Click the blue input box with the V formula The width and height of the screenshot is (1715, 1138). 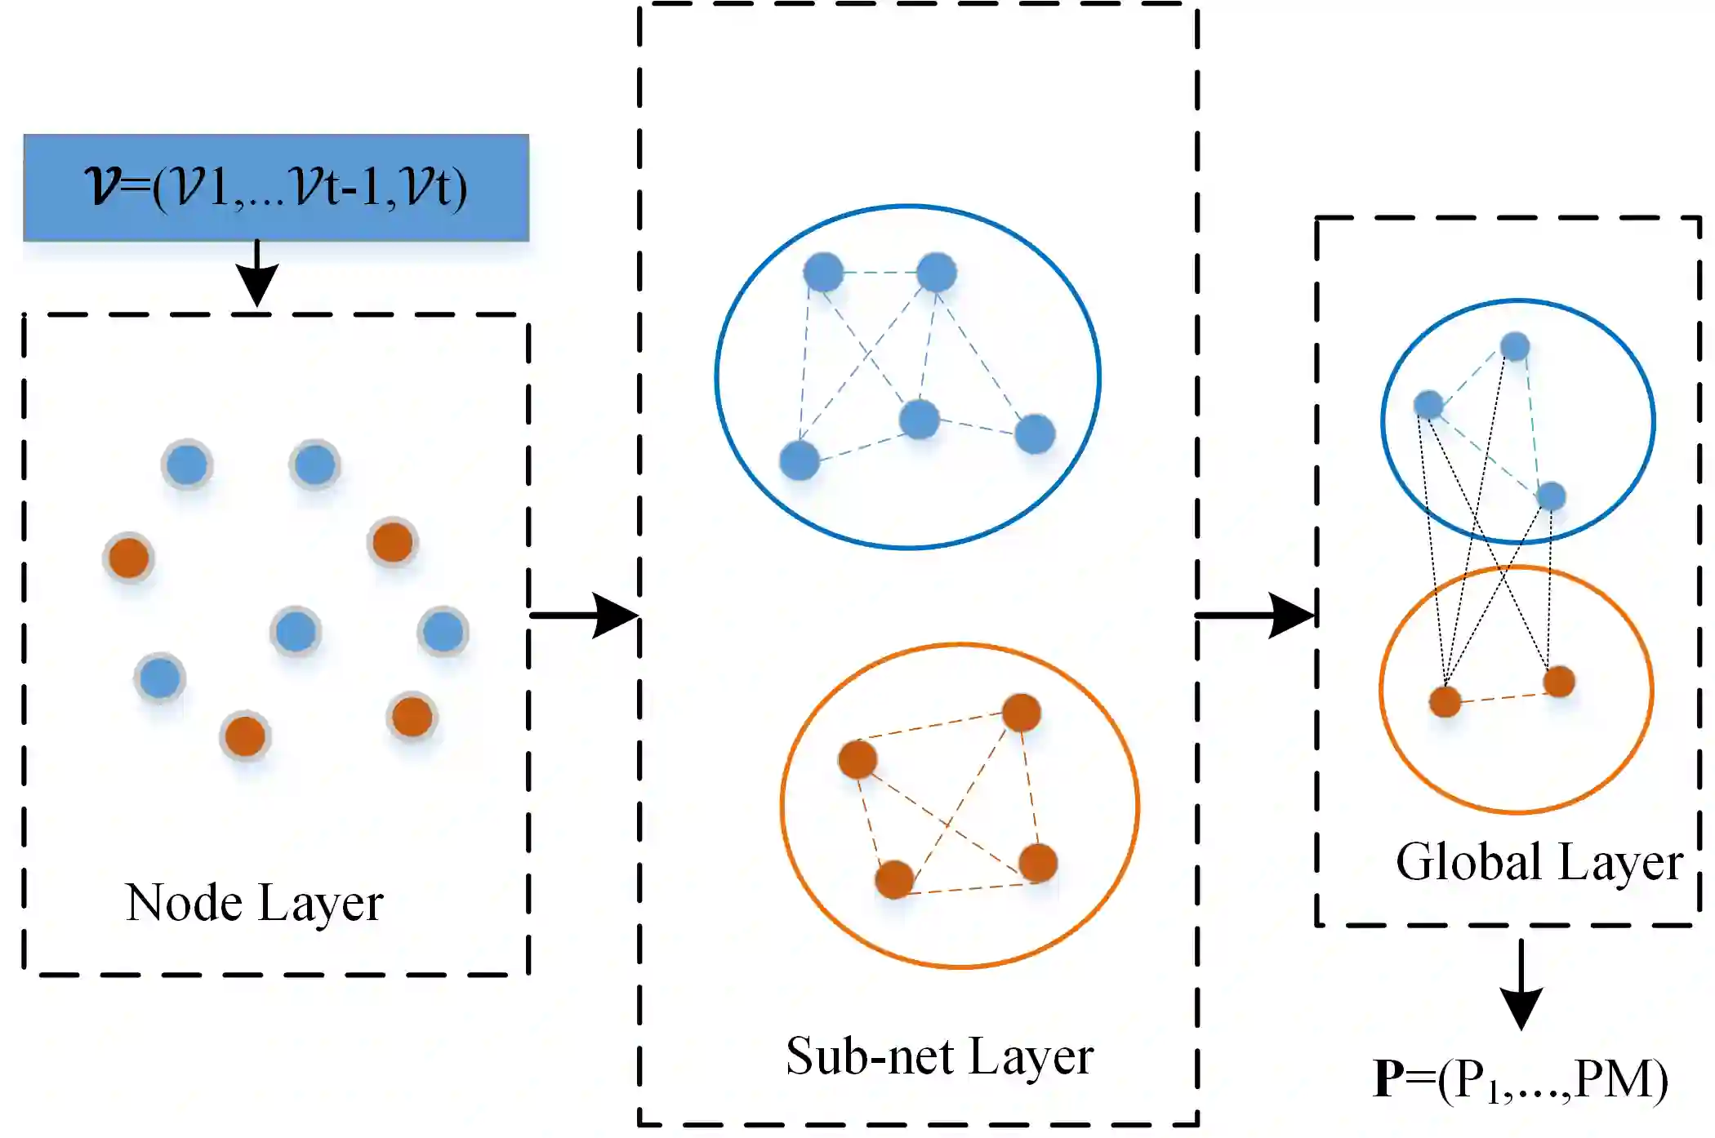[x=276, y=188]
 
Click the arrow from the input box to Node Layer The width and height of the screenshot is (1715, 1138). [x=257, y=273]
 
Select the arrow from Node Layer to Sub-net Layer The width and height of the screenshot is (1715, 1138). [x=583, y=615]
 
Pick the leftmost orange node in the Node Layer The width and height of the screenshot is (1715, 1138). [x=129, y=558]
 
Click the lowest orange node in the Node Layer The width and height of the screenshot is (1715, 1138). [x=245, y=736]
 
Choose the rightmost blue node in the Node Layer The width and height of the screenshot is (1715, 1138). [x=443, y=632]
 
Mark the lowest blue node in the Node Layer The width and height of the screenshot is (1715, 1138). [x=160, y=678]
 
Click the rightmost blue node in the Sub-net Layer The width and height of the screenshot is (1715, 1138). [x=1035, y=433]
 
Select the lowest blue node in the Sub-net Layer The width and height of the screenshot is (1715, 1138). [x=800, y=460]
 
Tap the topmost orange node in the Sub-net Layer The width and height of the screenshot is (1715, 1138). [x=1021, y=713]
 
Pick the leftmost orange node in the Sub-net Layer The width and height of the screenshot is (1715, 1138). [x=857, y=760]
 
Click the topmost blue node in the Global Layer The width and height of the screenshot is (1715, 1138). [x=1515, y=347]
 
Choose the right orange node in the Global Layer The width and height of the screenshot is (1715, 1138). [x=1559, y=682]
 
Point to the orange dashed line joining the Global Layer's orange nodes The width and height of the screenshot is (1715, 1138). [x=1503, y=696]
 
